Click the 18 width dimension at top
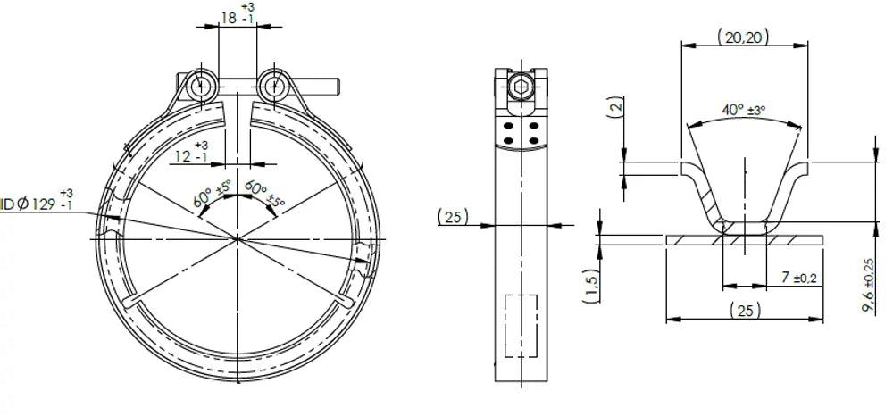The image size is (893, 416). [x=238, y=15]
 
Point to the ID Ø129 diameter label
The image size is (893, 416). [x=37, y=201]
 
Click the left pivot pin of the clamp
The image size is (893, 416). [x=200, y=87]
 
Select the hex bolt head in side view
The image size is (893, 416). [x=522, y=87]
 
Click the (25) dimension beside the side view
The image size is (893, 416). [x=454, y=216]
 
